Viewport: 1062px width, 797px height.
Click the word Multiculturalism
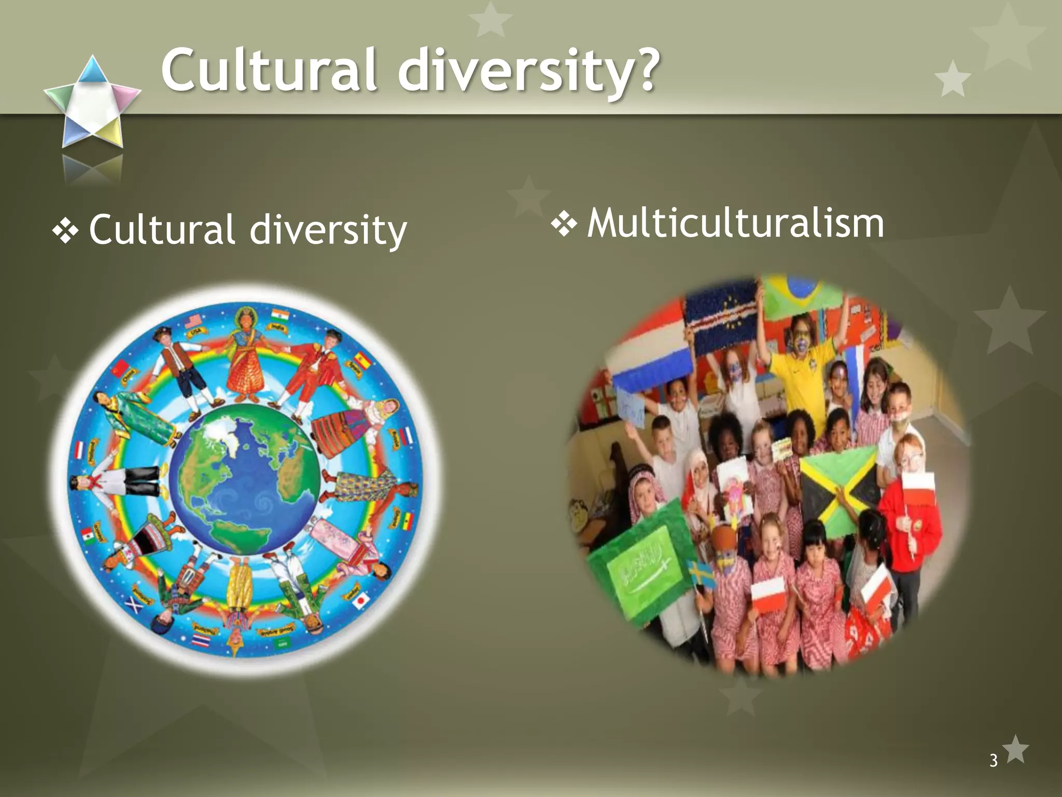(735, 224)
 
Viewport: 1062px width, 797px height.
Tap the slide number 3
(993, 760)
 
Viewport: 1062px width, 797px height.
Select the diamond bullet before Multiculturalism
(564, 224)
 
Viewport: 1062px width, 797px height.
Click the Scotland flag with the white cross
(133, 604)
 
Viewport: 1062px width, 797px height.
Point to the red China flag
(120, 368)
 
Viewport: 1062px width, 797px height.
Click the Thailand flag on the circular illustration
(201, 641)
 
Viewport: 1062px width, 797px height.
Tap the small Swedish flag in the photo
(700, 573)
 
